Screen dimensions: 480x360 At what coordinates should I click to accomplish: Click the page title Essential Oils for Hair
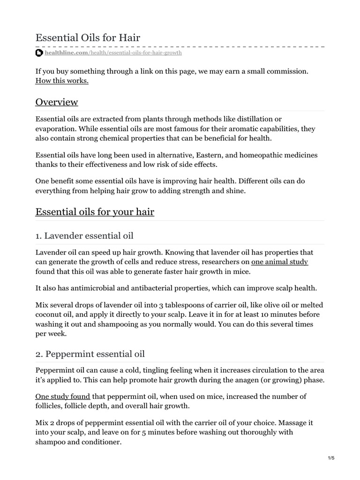[88, 37]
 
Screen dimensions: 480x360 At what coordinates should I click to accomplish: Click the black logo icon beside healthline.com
[39, 53]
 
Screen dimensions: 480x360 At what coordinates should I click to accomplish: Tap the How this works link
[62, 81]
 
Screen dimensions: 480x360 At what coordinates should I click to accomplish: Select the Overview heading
[57, 102]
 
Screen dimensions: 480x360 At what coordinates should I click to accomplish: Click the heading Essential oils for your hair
[95, 212]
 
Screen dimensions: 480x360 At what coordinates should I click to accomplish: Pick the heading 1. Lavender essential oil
[88, 235]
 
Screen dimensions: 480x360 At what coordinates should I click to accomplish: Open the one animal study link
[279, 262]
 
